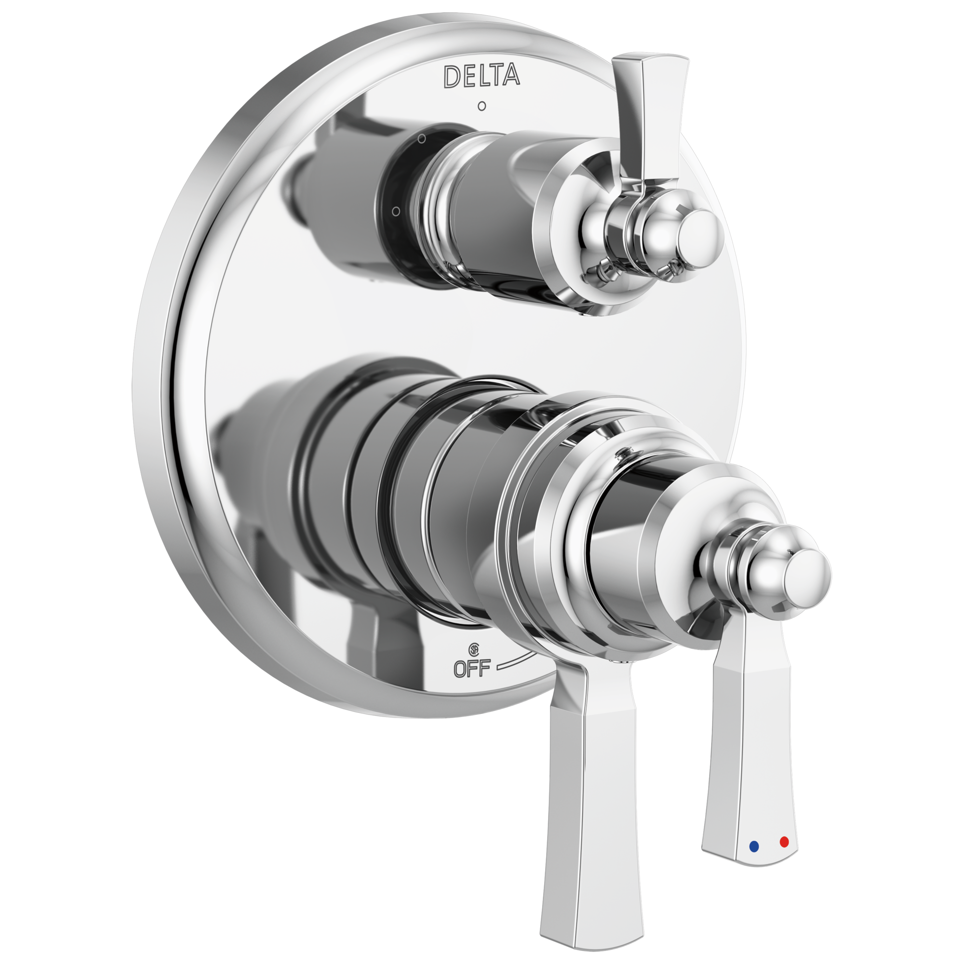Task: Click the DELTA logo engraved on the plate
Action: coord(482,76)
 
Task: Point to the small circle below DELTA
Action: coord(482,106)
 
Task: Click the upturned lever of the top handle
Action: coord(649,115)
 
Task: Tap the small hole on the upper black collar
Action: coord(422,139)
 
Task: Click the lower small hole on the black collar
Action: coord(396,211)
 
